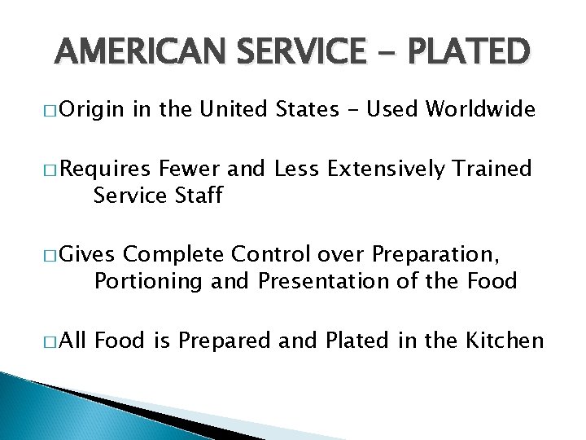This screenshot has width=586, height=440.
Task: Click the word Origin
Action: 90,109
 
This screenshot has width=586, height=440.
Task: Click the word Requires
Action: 106,169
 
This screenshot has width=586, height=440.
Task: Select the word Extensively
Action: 385,169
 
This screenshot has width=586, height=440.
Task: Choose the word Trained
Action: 493,169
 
